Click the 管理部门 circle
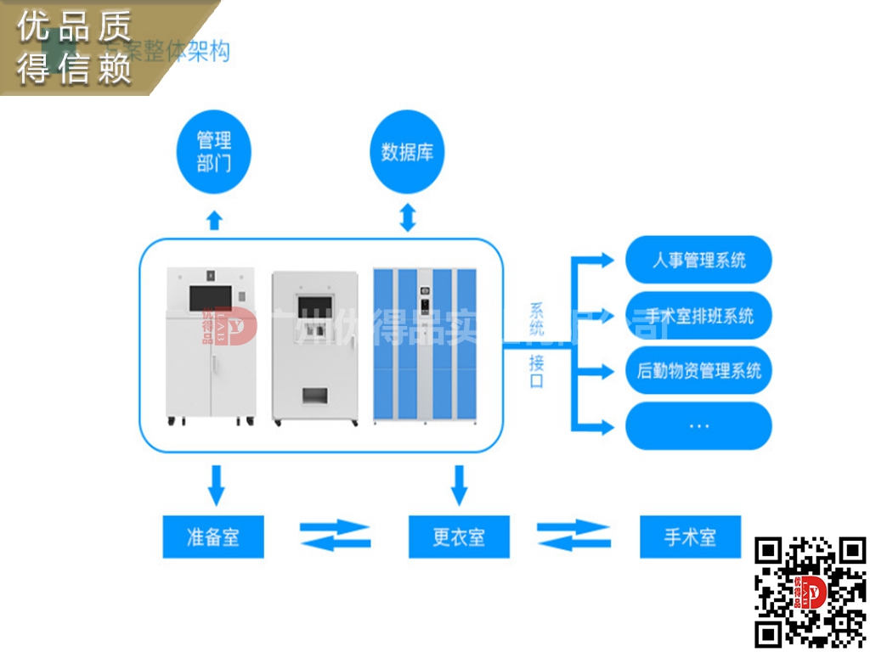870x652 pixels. pyautogui.click(x=214, y=151)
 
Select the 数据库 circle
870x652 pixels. pyautogui.click(x=408, y=153)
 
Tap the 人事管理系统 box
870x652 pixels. pyautogui.click(x=698, y=260)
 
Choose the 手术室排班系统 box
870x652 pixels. pyautogui.click(x=698, y=316)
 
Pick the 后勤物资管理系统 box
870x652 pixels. pyautogui.click(x=698, y=371)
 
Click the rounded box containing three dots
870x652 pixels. pyautogui.click(x=698, y=425)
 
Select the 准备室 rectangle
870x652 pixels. pyautogui.click(x=213, y=537)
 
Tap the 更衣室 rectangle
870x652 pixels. pyautogui.click(x=459, y=537)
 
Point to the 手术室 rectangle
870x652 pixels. pyautogui.click(x=690, y=537)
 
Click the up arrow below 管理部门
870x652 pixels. pyautogui.click(x=215, y=220)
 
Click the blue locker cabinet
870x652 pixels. pyautogui.click(x=426, y=344)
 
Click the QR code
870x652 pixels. pyautogui.click(x=811, y=589)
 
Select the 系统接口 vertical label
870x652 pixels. pyautogui.click(x=536, y=345)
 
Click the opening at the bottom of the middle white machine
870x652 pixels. pyautogui.click(x=314, y=396)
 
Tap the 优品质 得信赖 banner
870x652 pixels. pyautogui.click(x=76, y=47)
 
